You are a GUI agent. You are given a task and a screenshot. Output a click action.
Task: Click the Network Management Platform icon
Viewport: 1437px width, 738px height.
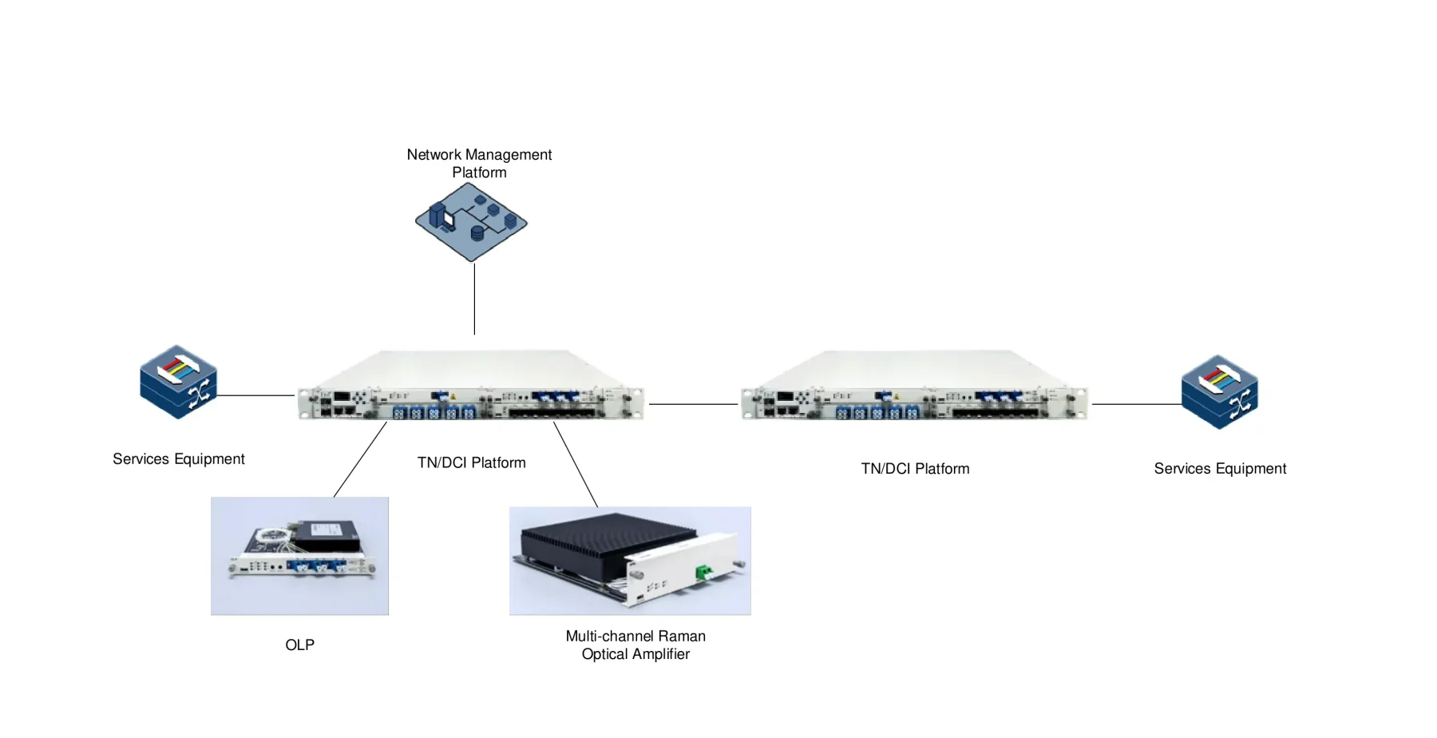click(x=471, y=222)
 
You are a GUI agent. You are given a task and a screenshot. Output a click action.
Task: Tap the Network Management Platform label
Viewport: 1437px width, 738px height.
click(x=479, y=163)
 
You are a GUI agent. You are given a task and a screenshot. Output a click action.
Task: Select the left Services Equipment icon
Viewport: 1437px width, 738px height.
click(x=178, y=382)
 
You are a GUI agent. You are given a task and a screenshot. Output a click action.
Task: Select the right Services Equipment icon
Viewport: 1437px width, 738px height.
click(x=1219, y=391)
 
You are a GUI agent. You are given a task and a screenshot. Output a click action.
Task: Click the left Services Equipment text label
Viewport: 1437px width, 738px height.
click(x=178, y=458)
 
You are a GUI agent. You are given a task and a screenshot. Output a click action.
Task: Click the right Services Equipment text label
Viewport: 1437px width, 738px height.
click(x=1219, y=468)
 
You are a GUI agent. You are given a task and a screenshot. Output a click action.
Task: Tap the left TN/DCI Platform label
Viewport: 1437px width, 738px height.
click(x=471, y=462)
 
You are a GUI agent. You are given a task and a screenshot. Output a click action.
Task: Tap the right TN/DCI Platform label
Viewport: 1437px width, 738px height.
click(x=915, y=469)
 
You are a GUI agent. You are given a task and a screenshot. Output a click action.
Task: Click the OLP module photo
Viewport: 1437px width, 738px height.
click(x=299, y=556)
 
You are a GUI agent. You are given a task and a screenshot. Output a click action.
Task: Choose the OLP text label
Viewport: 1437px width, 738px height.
click(x=299, y=645)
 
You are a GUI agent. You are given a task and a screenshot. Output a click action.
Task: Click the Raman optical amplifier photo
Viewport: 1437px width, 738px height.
click(x=630, y=561)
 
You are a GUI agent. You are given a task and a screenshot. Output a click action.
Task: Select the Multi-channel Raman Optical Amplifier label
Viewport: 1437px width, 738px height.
click(x=635, y=645)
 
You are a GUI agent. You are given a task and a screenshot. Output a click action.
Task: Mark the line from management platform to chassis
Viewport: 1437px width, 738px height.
click(x=474, y=299)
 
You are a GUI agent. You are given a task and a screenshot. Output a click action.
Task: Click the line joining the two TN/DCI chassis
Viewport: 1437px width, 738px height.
click(x=693, y=404)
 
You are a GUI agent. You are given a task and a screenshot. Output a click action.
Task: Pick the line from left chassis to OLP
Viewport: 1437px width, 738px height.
click(x=360, y=459)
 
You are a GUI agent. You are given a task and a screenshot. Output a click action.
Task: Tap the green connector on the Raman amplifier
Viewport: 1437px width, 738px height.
click(x=703, y=571)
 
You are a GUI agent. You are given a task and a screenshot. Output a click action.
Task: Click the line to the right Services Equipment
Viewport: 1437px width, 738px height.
click(x=1136, y=404)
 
